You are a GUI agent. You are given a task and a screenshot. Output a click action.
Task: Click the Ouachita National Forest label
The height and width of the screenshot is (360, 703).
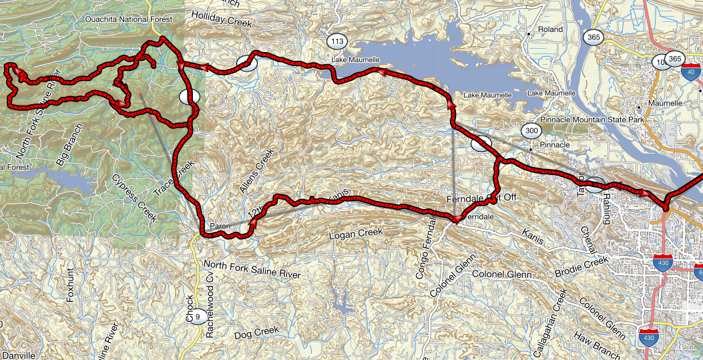pyautogui.click(x=124, y=19)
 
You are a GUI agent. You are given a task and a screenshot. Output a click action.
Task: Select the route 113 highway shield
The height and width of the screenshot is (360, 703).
pyautogui.click(x=337, y=42)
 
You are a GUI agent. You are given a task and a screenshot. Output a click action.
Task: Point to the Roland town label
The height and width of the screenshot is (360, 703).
pyautogui.click(x=549, y=30)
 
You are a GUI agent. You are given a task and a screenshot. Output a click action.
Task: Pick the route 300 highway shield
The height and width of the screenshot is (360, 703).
pyautogui.click(x=531, y=130)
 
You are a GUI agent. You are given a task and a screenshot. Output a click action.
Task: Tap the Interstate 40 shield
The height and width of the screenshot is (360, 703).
pyautogui.click(x=691, y=73)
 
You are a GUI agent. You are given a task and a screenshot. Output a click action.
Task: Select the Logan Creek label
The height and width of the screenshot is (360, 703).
pyautogui.click(x=357, y=234)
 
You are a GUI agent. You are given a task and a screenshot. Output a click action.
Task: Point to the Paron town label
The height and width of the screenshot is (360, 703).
pyautogui.click(x=220, y=226)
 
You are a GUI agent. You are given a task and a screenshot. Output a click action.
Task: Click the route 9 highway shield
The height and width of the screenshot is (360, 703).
pyautogui.click(x=197, y=327)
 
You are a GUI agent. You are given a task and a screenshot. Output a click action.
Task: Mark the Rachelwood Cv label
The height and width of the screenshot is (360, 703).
pyautogui.click(x=210, y=307)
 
